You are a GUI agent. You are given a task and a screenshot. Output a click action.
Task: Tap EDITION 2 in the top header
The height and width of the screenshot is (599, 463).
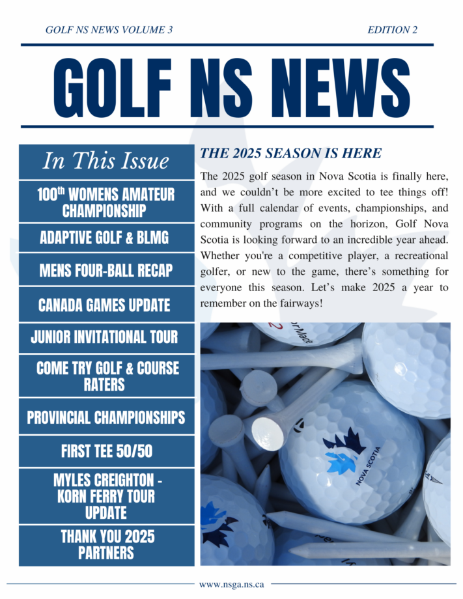[x=392, y=30]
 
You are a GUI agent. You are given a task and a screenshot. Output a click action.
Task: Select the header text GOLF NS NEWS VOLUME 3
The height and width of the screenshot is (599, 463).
[x=109, y=30]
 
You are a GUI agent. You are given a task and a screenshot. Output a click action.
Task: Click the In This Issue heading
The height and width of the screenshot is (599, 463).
[x=106, y=161]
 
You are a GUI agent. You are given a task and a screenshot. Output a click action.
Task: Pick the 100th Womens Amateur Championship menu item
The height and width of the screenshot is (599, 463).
[x=106, y=202]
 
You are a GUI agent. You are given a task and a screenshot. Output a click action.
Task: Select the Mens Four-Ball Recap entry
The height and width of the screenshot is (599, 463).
[x=106, y=270]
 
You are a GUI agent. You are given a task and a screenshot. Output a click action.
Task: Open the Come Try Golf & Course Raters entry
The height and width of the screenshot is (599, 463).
[x=106, y=376]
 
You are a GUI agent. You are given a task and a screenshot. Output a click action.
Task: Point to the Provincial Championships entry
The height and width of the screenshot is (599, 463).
[x=106, y=417]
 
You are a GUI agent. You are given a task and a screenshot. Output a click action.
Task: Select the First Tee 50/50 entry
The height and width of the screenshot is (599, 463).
[x=106, y=451]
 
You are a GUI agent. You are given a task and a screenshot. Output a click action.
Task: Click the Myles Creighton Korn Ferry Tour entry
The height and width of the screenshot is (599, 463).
[x=106, y=496]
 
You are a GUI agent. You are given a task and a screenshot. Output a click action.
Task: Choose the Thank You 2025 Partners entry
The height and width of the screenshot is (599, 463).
[x=106, y=545]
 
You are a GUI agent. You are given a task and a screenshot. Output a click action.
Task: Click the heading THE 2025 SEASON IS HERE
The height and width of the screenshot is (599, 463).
[x=290, y=154]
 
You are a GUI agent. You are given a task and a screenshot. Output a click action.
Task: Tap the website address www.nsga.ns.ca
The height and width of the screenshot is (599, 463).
[x=231, y=585]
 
